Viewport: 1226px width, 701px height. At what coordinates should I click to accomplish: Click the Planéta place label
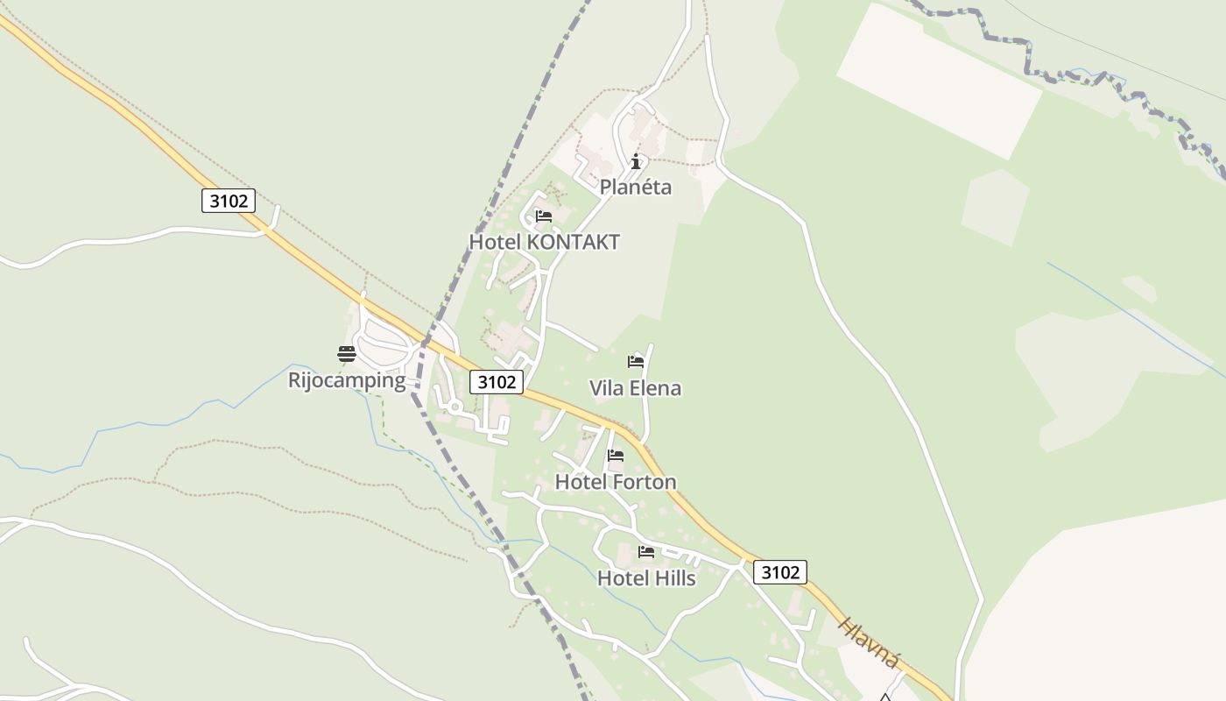[x=636, y=187]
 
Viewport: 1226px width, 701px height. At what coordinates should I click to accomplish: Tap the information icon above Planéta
[x=636, y=161]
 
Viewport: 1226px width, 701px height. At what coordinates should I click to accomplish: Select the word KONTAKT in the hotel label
[x=574, y=242]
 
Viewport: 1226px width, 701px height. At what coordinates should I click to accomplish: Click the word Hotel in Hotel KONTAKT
[x=496, y=242]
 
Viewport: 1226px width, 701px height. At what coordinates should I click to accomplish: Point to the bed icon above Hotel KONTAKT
[x=544, y=216]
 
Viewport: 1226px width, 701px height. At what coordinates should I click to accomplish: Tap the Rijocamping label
[x=347, y=380]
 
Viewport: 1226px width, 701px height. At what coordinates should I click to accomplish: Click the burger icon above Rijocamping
[x=347, y=354]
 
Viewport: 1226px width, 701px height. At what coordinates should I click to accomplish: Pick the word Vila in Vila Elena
[x=608, y=388]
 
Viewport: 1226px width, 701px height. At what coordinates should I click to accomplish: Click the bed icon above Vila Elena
[x=636, y=361]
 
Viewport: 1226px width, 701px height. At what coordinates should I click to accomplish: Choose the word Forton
[x=644, y=482]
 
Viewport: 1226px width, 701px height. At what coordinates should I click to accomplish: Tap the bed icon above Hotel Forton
[x=616, y=456]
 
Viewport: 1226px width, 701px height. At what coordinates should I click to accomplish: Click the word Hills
[x=672, y=578]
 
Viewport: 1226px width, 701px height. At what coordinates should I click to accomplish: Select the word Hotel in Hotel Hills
[x=621, y=578]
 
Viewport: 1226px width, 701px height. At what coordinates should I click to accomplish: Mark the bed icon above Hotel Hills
[x=646, y=552]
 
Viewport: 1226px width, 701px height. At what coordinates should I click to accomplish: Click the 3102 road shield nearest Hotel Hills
[x=779, y=572]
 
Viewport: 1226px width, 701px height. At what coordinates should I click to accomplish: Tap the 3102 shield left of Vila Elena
[x=497, y=382]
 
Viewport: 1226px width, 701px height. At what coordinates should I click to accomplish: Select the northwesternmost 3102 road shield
[x=229, y=201]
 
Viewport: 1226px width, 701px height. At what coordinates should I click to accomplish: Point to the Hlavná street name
[x=867, y=643]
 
